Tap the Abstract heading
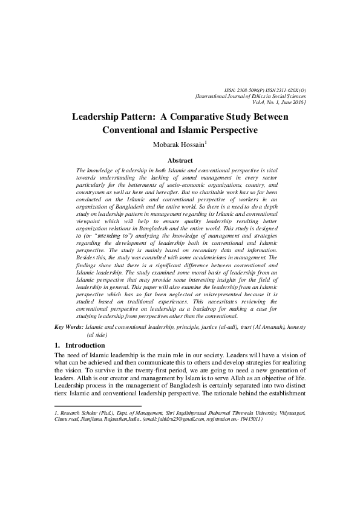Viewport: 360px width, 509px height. pos(180,161)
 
